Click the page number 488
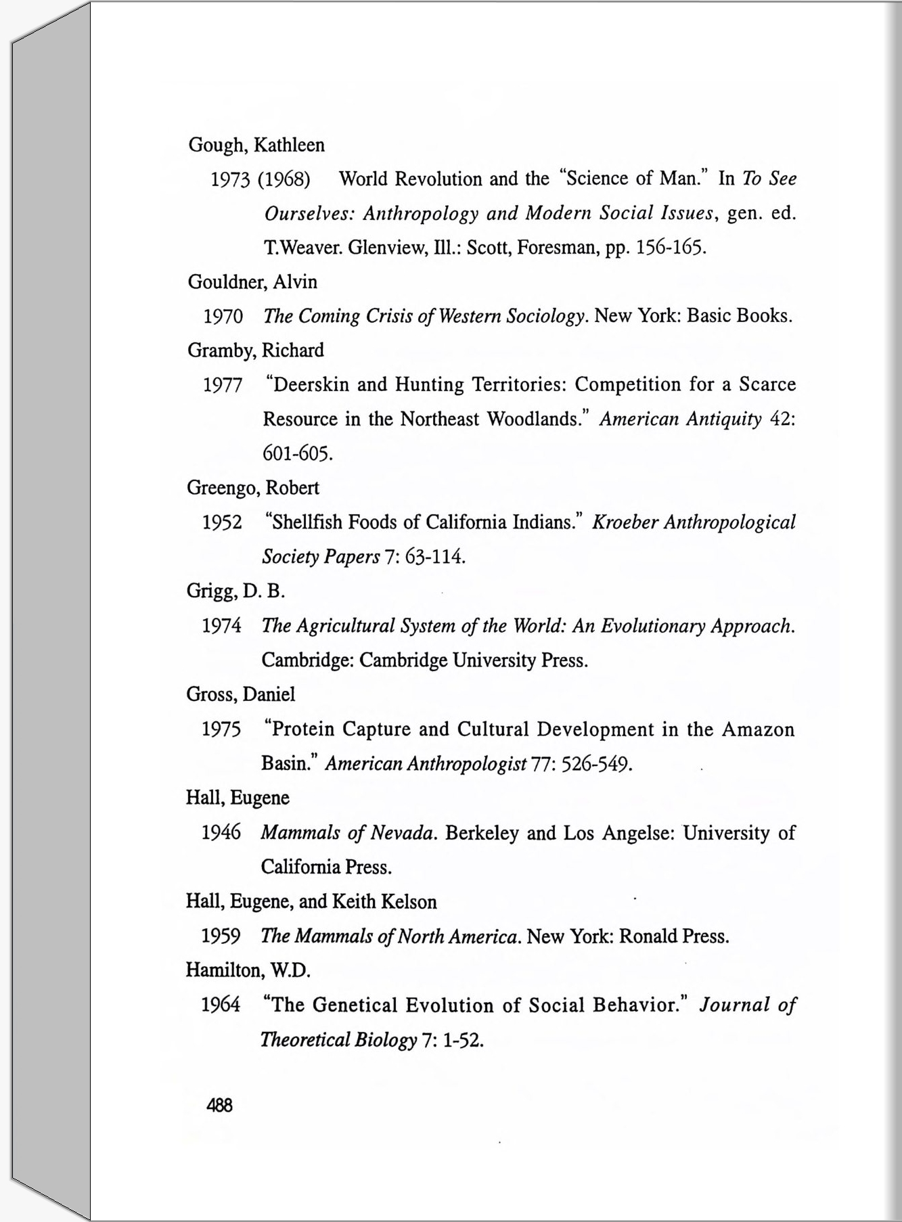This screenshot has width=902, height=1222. pyautogui.click(x=219, y=1106)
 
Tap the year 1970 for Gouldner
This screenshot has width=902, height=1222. pyautogui.click(x=223, y=317)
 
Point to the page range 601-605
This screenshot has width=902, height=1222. pyautogui.click(x=297, y=454)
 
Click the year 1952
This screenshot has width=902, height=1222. pyautogui.click(x=222, y=523)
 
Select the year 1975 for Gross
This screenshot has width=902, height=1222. pyautogui.click(x=221, y=729)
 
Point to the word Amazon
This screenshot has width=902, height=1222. pyautogui.click(x=758, y=729)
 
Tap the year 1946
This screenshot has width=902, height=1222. pyautogui.click(x=221, y=833)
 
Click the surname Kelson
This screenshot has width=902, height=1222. pyautogui.click(x=409, y=902)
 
